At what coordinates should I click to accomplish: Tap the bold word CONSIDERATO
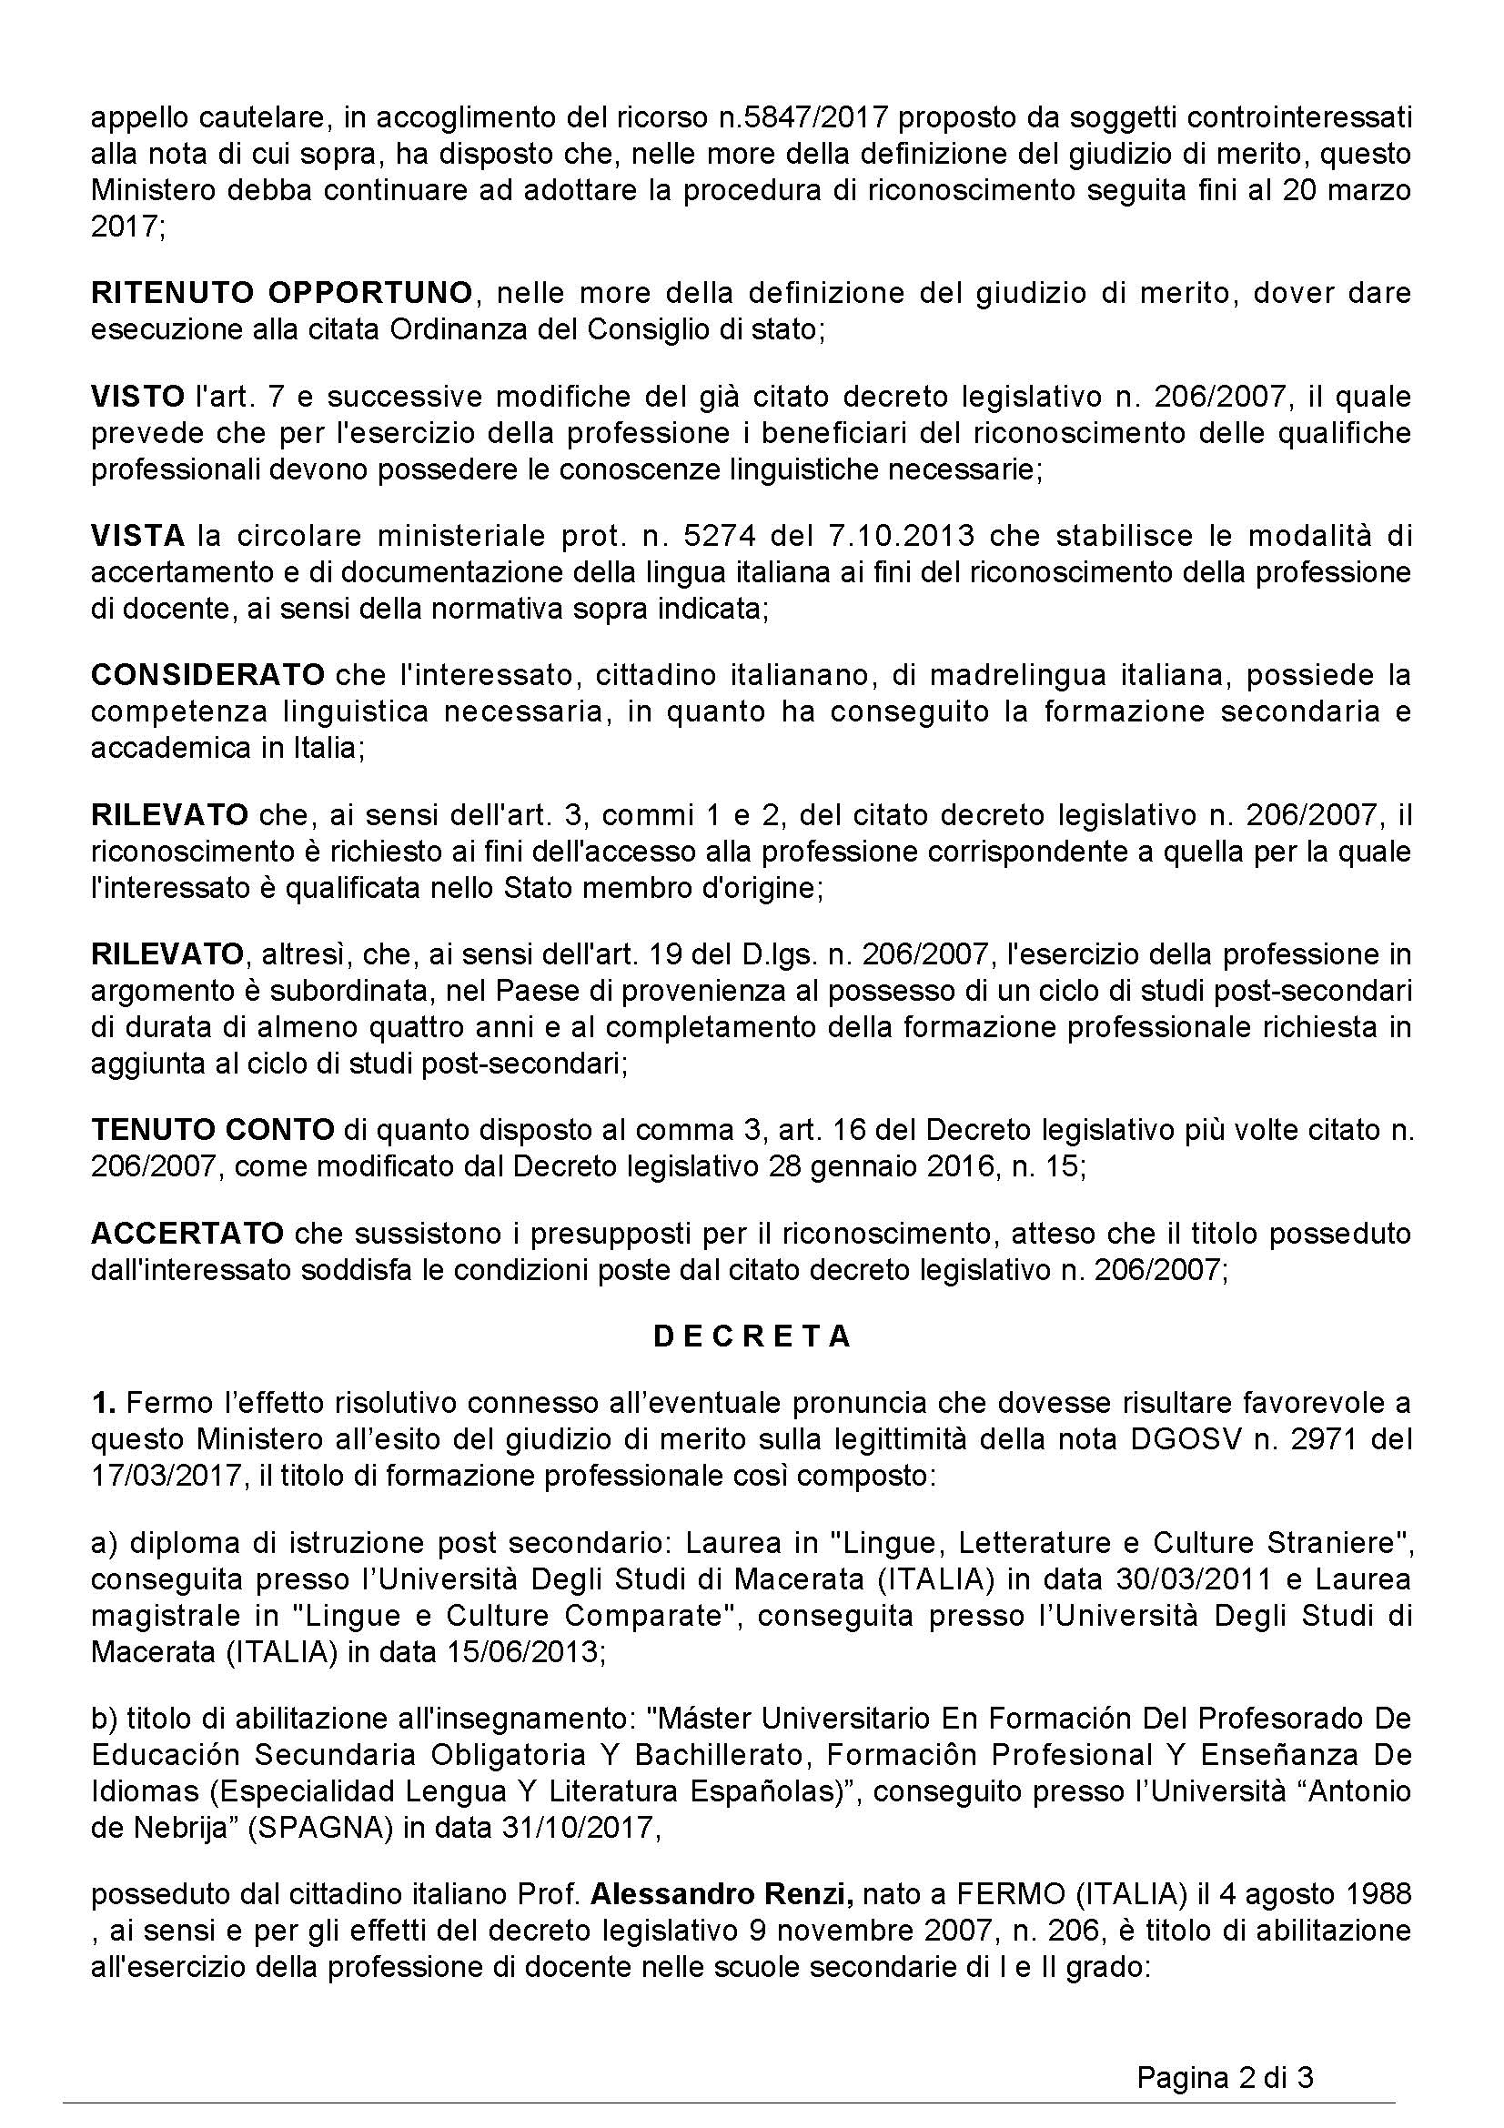(x=207, y=675)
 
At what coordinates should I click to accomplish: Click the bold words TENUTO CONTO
(x=212, y=1129)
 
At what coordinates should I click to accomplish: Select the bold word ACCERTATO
(x=187, y=1233)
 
